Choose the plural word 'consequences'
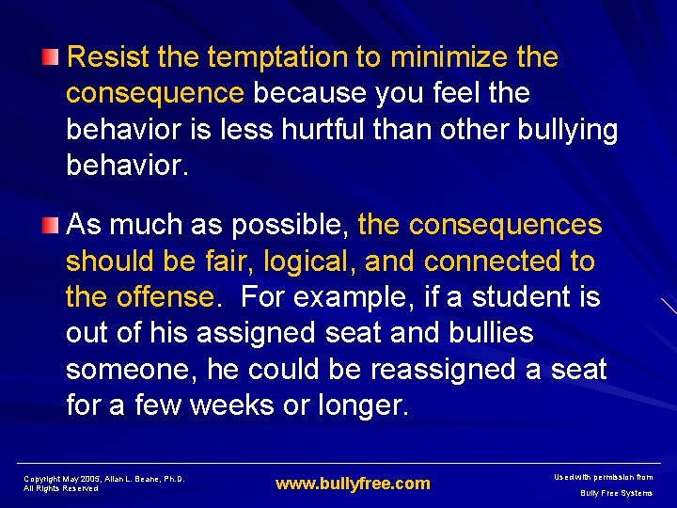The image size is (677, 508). point(505,225)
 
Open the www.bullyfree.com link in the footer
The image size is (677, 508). point(352,484)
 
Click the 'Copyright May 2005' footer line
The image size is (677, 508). point(103,479)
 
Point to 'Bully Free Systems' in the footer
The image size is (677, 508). point(616,493)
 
